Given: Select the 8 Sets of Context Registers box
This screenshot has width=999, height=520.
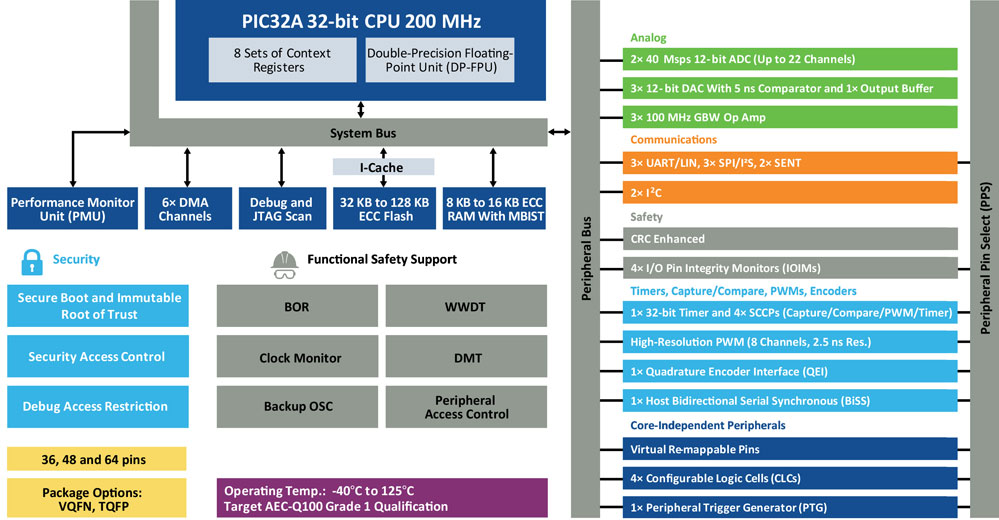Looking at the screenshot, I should click(282, 59).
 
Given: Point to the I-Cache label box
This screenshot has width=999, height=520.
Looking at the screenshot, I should click(383, 166).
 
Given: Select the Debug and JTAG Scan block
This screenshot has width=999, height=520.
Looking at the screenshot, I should click(281, 208).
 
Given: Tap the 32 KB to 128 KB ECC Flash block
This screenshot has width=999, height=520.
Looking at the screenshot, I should click(384, 208).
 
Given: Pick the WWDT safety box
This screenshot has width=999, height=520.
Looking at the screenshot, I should click(466, 306).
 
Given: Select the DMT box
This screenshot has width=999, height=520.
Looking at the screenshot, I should click(466, 357).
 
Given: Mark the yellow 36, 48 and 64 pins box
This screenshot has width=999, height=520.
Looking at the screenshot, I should click(97, 460).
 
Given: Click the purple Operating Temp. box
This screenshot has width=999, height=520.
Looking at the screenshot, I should click(382, 497).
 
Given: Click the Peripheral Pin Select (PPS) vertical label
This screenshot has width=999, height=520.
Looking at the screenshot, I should click(984, 260).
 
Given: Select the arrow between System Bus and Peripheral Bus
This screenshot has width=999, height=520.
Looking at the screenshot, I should click(559, 132).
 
